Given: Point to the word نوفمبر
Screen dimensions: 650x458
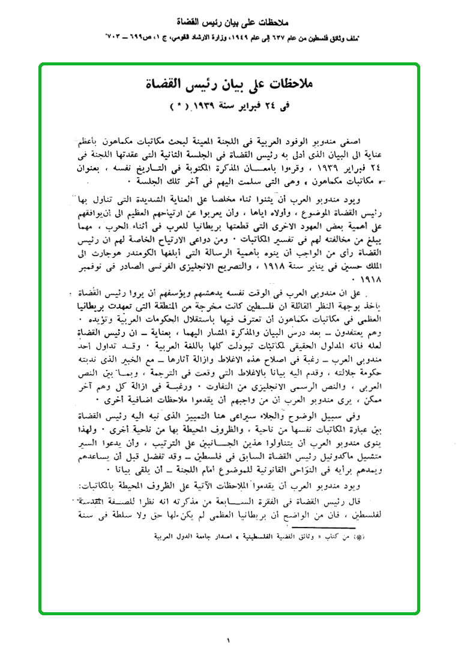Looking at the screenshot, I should tap(91, 265).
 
